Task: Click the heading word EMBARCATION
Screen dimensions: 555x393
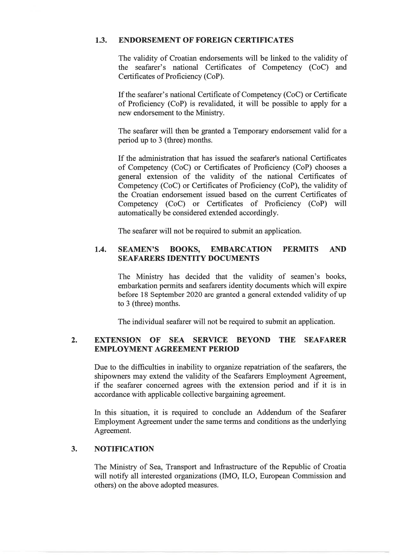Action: pyautogui.click(x=241, y=249)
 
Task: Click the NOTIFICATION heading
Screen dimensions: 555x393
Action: pyautogui.click(x=124, y=449)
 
